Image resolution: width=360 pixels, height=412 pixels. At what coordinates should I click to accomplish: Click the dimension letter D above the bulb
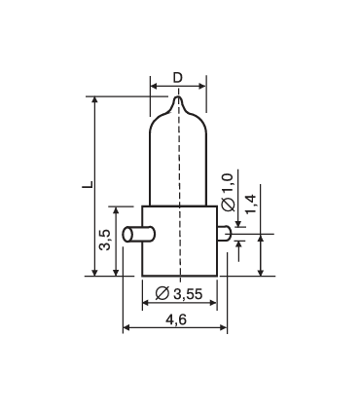[x=176, y=76]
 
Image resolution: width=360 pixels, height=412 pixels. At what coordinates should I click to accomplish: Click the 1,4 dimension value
[x=251, y=204]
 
